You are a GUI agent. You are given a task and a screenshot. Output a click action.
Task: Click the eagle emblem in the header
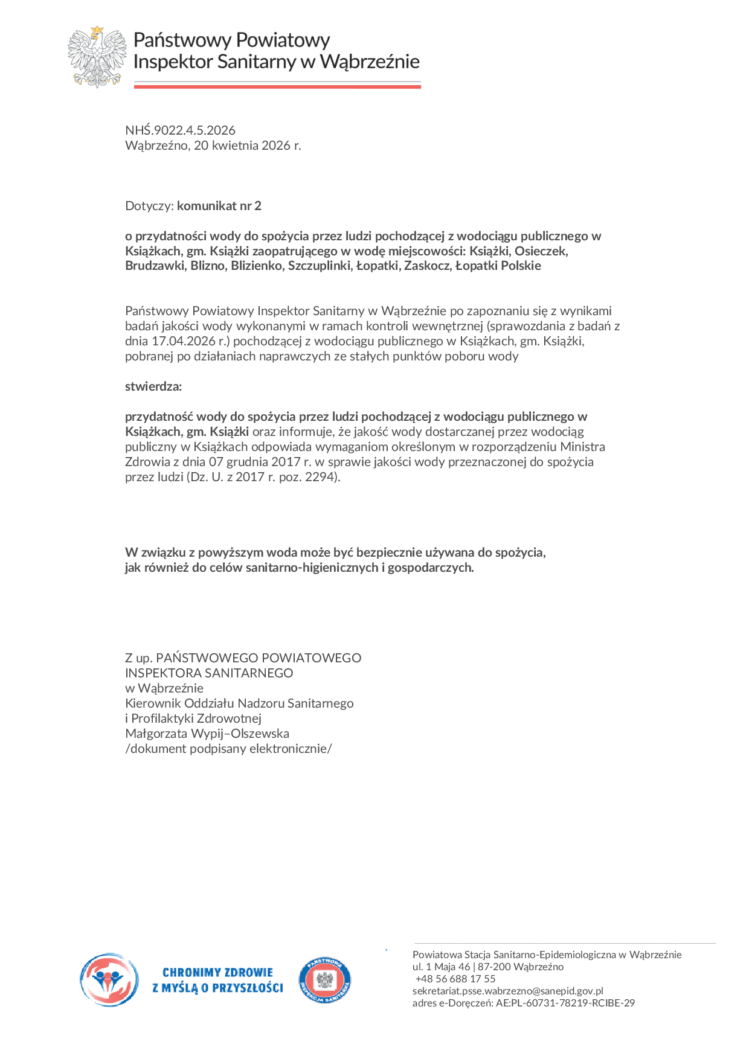pyautogui.click(x=97, y=57)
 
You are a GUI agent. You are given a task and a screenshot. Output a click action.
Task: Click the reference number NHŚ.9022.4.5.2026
pyautogui.click(x=180, y=130)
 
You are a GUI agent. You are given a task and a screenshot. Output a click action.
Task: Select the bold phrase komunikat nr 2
pyautogui.click(x=219, y=206)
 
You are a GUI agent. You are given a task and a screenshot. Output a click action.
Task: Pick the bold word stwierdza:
pyautogui.click(x=153, y=386)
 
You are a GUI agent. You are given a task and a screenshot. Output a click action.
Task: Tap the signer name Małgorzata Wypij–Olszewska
pyautogui.click(x=207, y=734)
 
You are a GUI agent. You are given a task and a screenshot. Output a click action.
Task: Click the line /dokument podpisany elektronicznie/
pyautogui.click(x=228, y=749)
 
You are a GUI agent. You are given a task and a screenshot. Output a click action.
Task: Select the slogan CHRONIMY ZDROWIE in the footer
pyautogui.click(x=217, y=973)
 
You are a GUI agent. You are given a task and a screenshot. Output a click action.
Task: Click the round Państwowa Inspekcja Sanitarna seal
pyautogui.click(x=324, y=981)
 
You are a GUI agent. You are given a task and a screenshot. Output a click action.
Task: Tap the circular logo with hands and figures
pyautogui.click(x=109, y=980)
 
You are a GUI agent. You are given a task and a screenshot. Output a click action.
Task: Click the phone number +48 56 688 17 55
pyautogui.click(x=455, y=979)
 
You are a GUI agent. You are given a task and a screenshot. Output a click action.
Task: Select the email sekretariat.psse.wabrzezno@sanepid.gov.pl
pyautogui.click(x=508, y=991)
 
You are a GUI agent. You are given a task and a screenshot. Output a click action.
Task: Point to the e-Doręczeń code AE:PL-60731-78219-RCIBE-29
pyautogui.click(x=565, y=1003)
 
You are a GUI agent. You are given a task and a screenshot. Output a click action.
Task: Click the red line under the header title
pyautogui.click(x=277, y=87)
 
